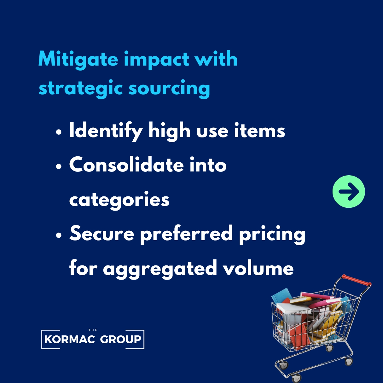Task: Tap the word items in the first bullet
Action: (x=259, y=131)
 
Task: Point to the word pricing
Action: (x=272, y=235)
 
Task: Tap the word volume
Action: (x=258, y=268)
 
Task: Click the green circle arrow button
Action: (x=349, y=192)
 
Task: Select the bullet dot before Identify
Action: (x=59, y=132)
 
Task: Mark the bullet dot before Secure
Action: (x=59, y=235)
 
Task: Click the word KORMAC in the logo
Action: (x=70, y=339)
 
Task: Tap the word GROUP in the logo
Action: (x=121, y=339)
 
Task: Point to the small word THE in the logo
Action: (x=93, y=330)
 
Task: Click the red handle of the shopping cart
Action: (x=357, y=280)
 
